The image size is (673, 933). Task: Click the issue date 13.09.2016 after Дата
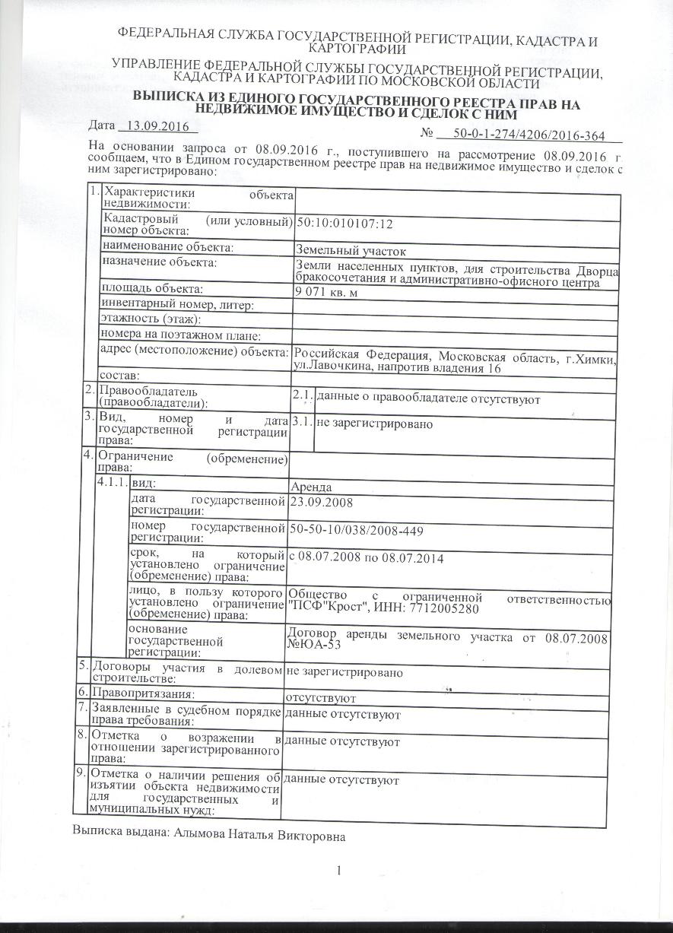point(156,126)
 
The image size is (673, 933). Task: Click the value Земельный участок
point(351,249)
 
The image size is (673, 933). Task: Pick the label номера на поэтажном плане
point(181,335)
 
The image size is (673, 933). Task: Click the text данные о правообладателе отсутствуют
point(428,398)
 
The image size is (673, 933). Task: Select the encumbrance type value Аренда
point(311,487)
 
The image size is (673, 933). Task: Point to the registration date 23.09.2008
point(322,502)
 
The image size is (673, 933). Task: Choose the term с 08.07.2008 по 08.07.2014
point(367,560)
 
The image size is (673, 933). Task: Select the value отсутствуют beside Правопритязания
point(320,697)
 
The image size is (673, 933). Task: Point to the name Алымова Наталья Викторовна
point(260,836)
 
